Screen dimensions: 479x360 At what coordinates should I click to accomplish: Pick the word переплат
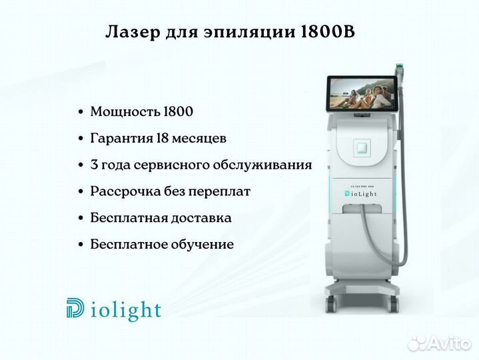[219, 192]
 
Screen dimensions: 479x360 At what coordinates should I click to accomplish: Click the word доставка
[201, 218]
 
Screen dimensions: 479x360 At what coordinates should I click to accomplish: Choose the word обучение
[202, 245]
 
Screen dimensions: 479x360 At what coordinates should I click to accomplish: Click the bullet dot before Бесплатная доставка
[81, 218]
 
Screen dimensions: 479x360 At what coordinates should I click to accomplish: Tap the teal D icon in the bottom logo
[75, 307]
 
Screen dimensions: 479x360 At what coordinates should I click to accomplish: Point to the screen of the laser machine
[362, 93]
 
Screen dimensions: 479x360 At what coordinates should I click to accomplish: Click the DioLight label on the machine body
[361, 194]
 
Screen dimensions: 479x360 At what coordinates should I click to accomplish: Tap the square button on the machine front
[362, 148]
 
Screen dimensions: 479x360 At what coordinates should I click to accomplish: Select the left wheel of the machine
[330, 304]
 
